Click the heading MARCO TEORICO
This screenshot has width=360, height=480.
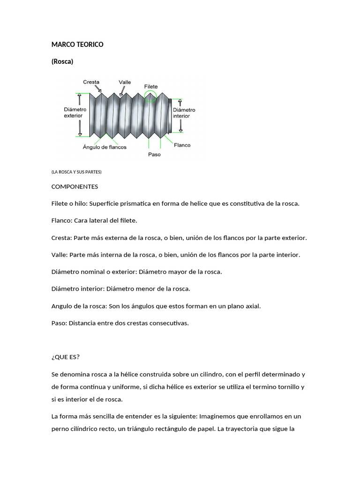click(77, 45)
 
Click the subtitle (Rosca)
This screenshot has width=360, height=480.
click(62, 61)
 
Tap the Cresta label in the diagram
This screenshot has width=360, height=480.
click(91, 82)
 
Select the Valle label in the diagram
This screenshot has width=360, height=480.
click(125, 82)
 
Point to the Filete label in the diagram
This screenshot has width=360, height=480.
click(151, 87)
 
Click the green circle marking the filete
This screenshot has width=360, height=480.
click(150, 97)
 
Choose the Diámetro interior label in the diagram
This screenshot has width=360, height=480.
click(184, 113)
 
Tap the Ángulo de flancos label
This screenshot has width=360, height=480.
click(105, 147)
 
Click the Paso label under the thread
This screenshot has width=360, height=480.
click(154, 155)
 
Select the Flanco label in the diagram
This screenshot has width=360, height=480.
click(182, 145)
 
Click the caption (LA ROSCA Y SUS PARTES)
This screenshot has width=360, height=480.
click(76, 172)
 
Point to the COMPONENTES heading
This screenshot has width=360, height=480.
click(75, 187)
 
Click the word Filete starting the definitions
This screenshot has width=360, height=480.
click(60, 203)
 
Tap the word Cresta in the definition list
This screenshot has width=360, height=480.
click(61, 238)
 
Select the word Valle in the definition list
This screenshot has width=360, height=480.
click(60, 255)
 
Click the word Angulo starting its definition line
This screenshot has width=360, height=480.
click(62, 306)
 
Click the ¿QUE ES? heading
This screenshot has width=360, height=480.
click(66, 357)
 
